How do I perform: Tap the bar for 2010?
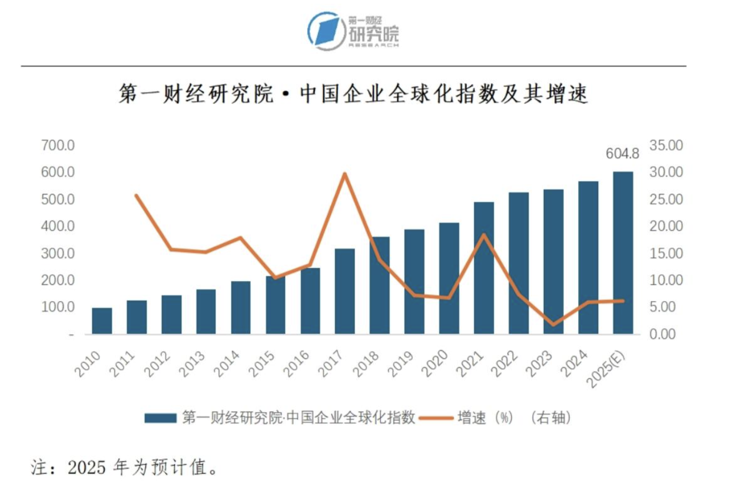point(102,321)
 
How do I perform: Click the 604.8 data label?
point(622,154)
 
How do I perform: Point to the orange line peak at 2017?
point(345,174)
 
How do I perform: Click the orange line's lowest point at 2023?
point(553,324)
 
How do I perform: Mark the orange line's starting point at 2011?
point(136,195)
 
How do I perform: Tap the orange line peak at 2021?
point(484,234)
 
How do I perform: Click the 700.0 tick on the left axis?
point(58,145)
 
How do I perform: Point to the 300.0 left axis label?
point(58,254)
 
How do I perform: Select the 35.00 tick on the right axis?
point(666,145)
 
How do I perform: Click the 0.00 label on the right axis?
point(662,334)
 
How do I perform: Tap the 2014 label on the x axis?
point(227,363)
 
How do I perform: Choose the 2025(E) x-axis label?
point(606,369)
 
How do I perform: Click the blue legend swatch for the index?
point(161,418)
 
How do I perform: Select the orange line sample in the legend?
point(436,418)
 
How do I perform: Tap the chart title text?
point(353,94)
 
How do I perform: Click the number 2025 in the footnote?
point(87,467)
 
